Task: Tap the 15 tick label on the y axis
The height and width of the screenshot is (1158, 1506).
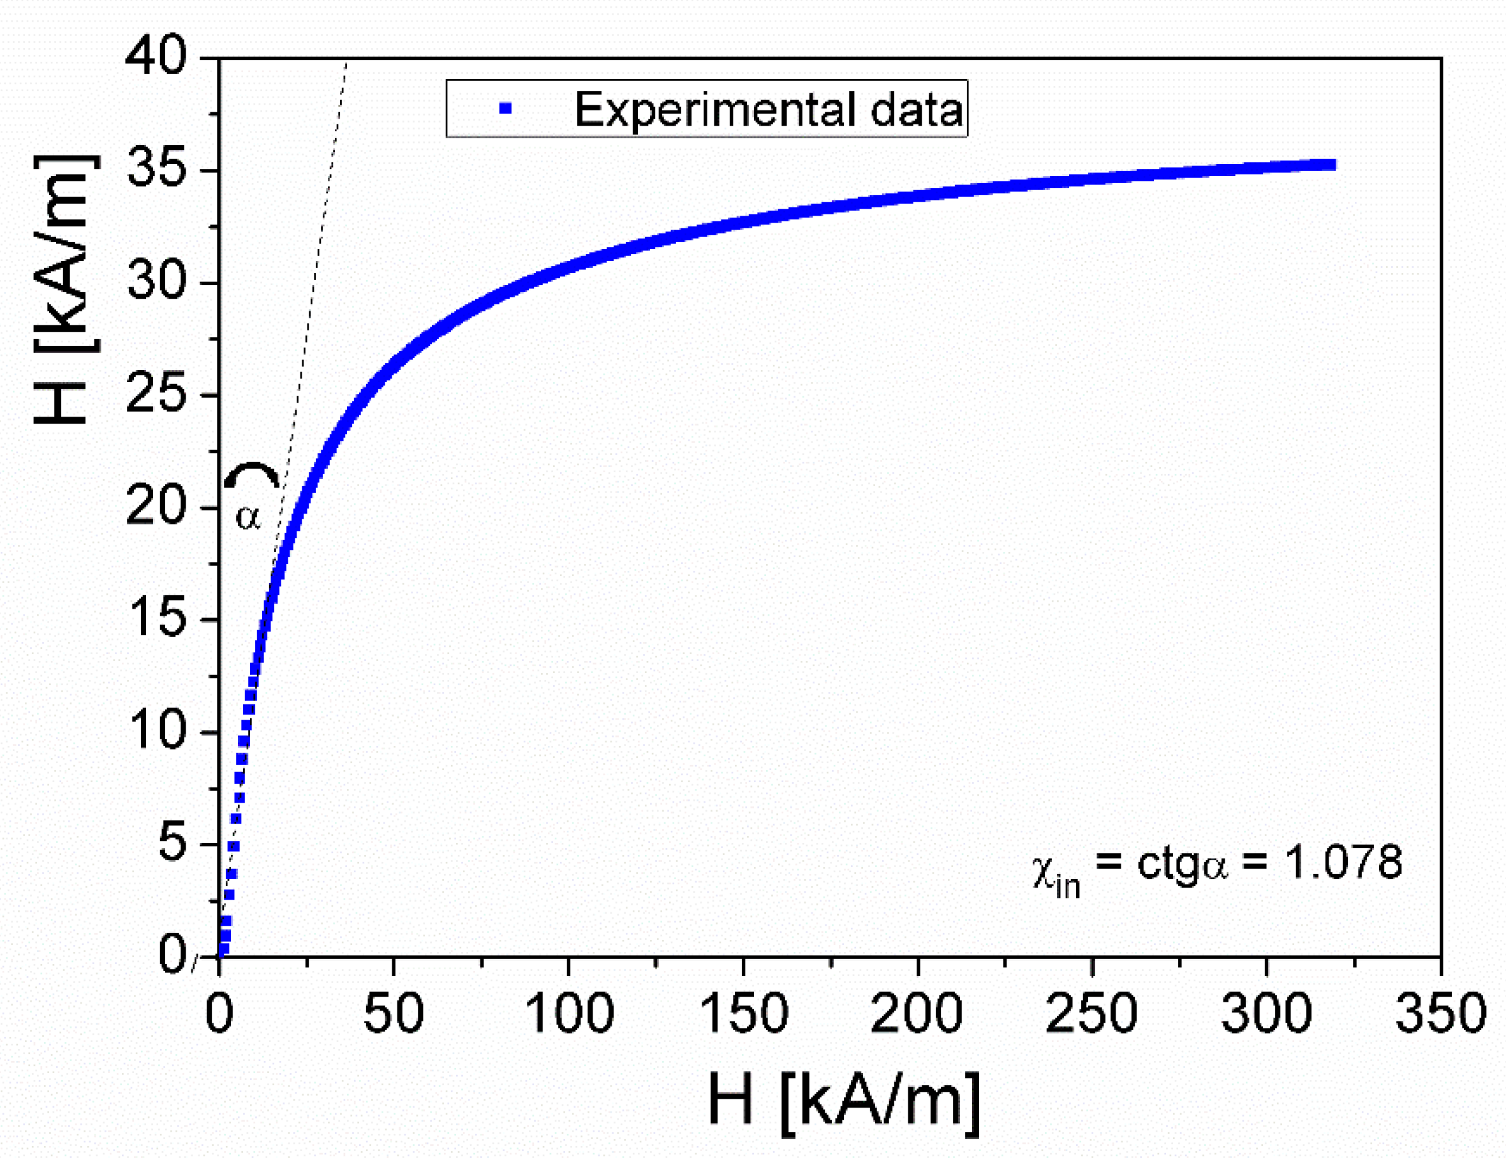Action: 157,618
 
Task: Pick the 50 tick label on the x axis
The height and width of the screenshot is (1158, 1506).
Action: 393,1014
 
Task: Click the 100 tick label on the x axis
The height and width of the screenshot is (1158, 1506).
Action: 568,1014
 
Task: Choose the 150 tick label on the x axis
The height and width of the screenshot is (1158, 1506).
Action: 743,1014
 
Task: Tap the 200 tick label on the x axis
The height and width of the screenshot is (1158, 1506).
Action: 917,1014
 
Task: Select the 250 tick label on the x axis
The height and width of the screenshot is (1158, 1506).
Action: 1092,1014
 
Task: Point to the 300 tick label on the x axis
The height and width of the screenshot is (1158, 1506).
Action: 1266,1014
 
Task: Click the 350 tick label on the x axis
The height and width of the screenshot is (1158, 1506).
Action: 1440,1014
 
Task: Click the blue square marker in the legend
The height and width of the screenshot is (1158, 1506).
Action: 506,108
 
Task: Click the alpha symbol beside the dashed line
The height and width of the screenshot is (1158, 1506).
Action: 248,516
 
